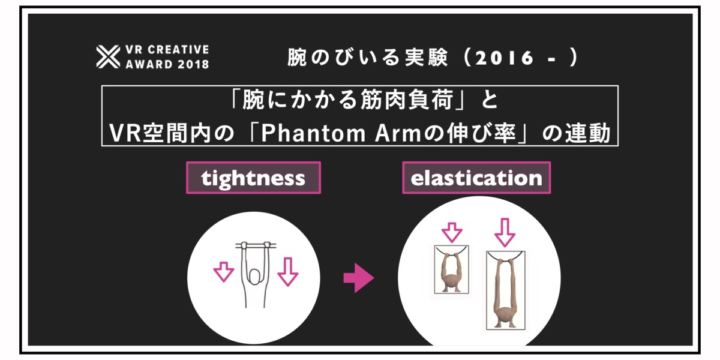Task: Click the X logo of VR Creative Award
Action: (108, 57)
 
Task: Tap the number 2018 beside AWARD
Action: (193, 64)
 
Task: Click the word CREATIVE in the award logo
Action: (178, 49)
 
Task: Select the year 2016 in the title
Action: (505, 58)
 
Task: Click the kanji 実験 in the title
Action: (426, 58)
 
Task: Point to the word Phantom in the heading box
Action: (313, 133)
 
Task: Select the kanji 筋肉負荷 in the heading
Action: (407, 100)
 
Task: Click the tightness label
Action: (253, 178)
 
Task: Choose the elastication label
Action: (476, 178)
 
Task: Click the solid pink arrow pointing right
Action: (359, 278)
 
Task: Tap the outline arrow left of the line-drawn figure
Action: (224, 272)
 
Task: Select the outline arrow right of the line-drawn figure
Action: (287, 272)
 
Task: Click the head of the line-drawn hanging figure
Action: (254, 277)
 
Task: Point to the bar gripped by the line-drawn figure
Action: (256, 246)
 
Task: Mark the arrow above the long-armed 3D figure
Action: (505, 233)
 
